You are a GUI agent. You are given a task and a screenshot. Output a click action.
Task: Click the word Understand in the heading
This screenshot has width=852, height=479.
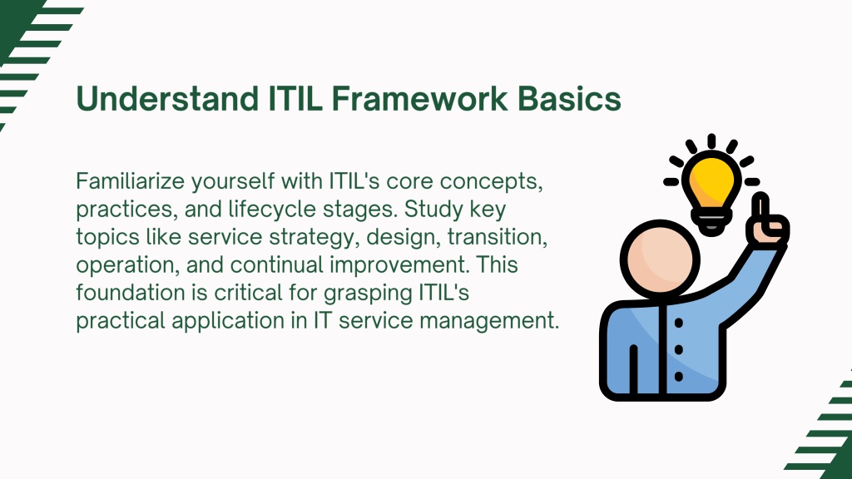coord(166,98)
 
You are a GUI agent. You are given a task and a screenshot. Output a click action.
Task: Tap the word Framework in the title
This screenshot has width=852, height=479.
coord(419,98)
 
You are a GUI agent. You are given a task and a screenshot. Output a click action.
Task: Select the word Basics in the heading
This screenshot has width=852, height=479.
coord(569,98)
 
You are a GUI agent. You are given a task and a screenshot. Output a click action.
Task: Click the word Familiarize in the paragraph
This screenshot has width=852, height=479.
coord(131,180)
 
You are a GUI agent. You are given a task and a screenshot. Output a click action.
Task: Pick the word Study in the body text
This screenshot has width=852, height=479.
coord(433,210)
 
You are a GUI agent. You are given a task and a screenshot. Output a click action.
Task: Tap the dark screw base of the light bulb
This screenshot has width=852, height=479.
coord(711,223)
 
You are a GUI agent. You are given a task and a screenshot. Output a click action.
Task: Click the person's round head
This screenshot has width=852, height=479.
coord(660,259)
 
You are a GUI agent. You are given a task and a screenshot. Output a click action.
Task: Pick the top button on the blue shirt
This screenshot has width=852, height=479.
coord(679,323)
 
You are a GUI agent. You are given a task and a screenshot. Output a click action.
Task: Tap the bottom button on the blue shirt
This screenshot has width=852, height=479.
coord(679,377)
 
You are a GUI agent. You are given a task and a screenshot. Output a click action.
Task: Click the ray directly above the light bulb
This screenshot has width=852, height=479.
coord(712,141)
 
